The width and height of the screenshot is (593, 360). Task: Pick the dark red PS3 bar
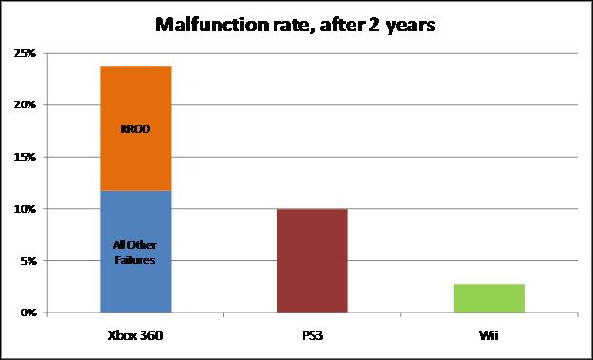pyautogui.click(x=312, y=260)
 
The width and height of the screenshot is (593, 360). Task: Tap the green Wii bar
pyautogui.click(x=488, y=297)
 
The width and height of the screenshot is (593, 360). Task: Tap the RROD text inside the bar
pyautogui.click(x=135, y=130)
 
